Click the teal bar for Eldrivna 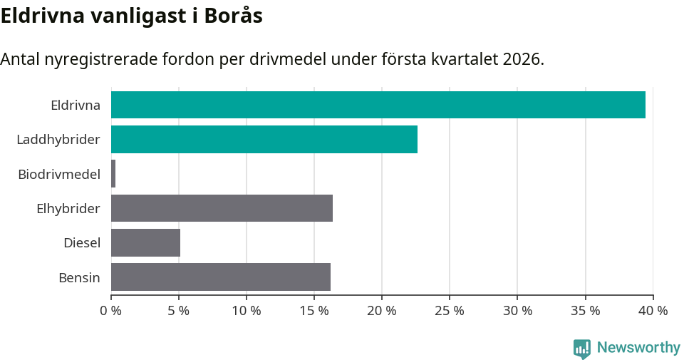click(x=378, y=105)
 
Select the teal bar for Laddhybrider click(x=264, y=139)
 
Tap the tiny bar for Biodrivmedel click(x=113, y=174)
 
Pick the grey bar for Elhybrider click(x=222, y=208)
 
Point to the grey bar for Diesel click(x=145, y=242)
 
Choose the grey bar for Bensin click(x=221, y=277)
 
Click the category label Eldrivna click(x=75, y=106)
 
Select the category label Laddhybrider click(x=58, y=140)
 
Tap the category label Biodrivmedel click(x=59, y=174)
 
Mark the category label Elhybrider click(x=68, y=208)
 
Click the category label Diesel click(x=82, y=243)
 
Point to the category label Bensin click(x=79, y=277)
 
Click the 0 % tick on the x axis click(x=111, y=311)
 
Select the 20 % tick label click(x=382, y=311)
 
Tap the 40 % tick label click(x=653, y=311)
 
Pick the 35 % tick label click(x=585, y=311)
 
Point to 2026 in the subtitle click(x=521, y=60)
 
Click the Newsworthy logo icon click(x=582, y=348)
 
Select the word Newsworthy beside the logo click(x=638, y=348)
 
